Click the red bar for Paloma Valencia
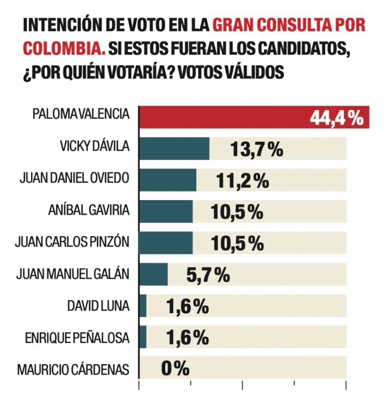pos(224,117)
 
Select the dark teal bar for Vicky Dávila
pos(174,149)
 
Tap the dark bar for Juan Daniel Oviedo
pos(167,180)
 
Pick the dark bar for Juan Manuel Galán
pos(153,274)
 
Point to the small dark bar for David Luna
pos(143,306)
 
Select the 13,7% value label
pos(256,149)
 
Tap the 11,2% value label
pos(243,181)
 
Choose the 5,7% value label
pos(208,275)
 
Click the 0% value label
pos(175,368)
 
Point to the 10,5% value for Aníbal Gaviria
pos(237,212)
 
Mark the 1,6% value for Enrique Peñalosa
pos(188,338)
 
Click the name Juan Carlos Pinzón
pos(72,243)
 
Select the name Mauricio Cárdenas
pos(73,369)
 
